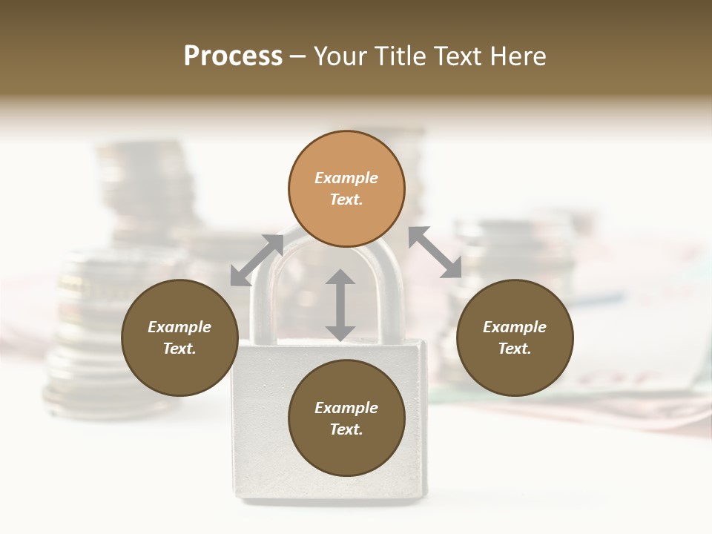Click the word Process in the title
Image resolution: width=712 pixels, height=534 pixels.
coord(233,56)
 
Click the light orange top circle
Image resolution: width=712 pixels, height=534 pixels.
coord(346,188)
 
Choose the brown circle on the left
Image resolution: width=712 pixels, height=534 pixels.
coord(179,337)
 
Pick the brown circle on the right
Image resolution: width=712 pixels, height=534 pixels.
coord(514,337)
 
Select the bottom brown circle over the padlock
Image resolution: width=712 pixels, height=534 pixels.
coord(346,418)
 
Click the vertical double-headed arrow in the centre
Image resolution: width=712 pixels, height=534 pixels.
coord(340,305)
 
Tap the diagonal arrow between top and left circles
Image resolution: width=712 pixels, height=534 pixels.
coord(257,260)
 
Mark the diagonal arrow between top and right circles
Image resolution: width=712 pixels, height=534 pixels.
coord(435,252)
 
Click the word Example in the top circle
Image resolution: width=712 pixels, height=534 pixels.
coord(346,178)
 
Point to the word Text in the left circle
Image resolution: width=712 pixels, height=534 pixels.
coord(179,349)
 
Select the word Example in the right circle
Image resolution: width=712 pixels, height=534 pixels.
coord(514,327)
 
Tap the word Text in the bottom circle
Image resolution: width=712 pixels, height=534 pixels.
coord(346,429)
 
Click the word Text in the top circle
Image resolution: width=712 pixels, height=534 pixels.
coord(346,200)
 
